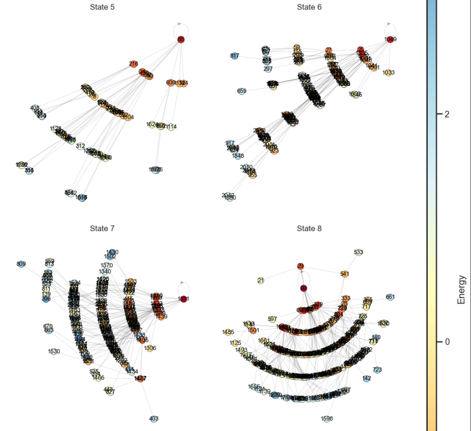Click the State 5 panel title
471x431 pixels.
point(102,7)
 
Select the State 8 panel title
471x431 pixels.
point(309,228)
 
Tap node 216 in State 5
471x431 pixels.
point(133,64)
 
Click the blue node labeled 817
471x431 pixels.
point(234,56)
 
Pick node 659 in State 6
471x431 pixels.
point(242,91)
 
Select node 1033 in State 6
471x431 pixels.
point(388,73)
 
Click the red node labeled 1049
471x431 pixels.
point(390,40)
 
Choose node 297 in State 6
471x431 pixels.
point(268,69)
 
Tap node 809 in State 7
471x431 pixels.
point(21,264)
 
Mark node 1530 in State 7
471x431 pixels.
point(54,352)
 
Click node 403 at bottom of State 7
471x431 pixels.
point(154,419)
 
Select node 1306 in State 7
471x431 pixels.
point(150,348)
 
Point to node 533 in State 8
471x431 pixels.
point(358,252)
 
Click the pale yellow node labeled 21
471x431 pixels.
point(261,281)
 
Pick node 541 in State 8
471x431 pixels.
point(344,274)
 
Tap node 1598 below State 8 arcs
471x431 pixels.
point(327,419)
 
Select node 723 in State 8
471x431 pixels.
point(377,370)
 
